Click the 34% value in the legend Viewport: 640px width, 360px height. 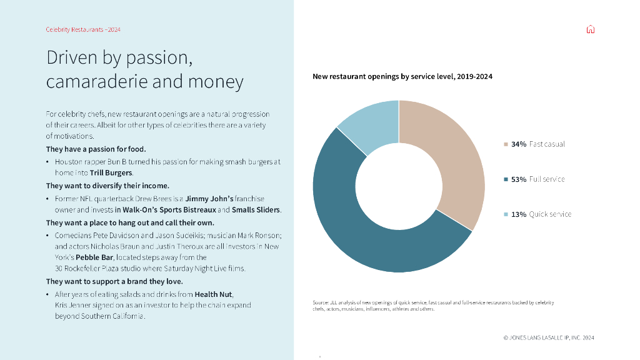(519, 144)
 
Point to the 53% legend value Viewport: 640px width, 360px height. (519, 179)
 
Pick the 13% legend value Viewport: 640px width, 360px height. (519, 214)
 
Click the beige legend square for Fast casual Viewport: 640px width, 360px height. (506, 144)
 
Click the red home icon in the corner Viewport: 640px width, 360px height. (591, 29)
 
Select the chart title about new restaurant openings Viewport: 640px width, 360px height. (402, 76)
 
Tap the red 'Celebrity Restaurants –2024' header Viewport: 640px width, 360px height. (83, 29)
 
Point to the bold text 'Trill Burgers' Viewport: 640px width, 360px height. (111, 172)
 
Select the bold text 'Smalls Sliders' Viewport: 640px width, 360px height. (256, 210)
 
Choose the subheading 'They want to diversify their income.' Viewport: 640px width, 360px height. (107, 186)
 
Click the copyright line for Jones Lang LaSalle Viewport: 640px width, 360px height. (549, 337)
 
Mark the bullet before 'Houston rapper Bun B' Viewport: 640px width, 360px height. (48, 162)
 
